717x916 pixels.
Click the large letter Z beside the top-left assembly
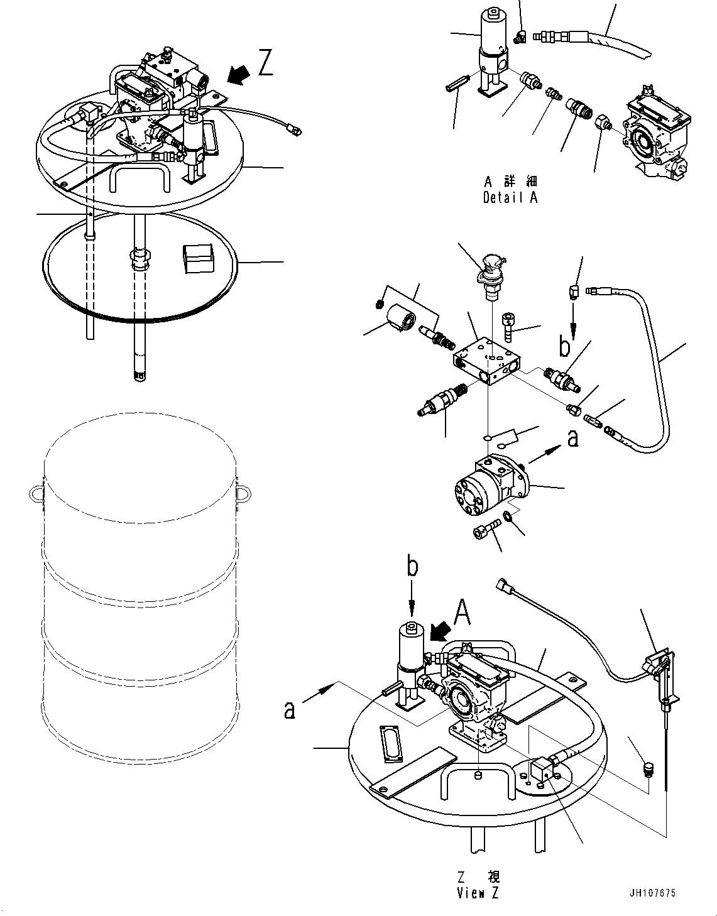[x=266, y=64]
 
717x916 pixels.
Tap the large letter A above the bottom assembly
[x=462, y=609]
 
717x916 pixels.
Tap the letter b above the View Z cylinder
[x=412, y=567]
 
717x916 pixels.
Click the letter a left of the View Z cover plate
[x=289, y=710]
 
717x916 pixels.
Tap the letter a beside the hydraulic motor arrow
[x=572, y=438]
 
